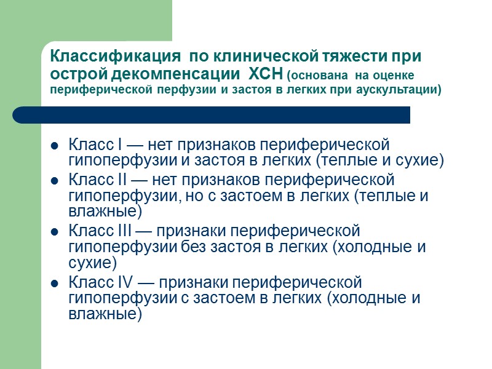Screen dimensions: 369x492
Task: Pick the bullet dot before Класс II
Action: click(x=54, y=181)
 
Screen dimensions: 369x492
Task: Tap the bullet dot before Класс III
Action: click(x=54, y=233)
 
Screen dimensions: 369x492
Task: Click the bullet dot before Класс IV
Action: click(x=54, y=284)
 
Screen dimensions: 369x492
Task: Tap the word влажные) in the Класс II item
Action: click(x=105, y=212)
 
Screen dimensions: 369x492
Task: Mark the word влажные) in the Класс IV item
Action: click(x=105, y=314)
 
